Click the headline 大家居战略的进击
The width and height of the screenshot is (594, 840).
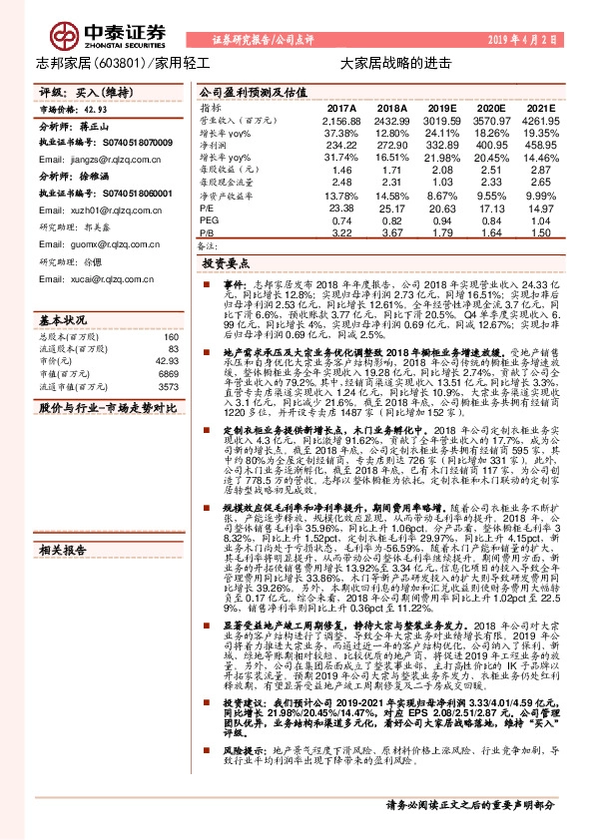[382, 61]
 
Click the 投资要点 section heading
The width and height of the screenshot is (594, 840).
[222, 264]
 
